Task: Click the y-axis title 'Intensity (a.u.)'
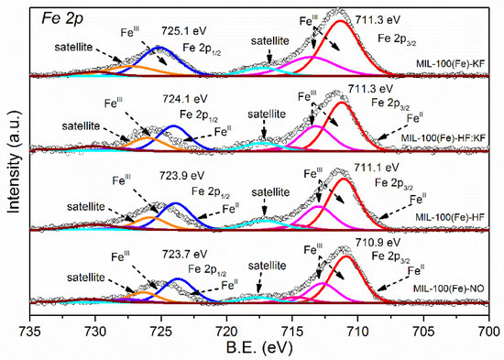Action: (x=12, y=158)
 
